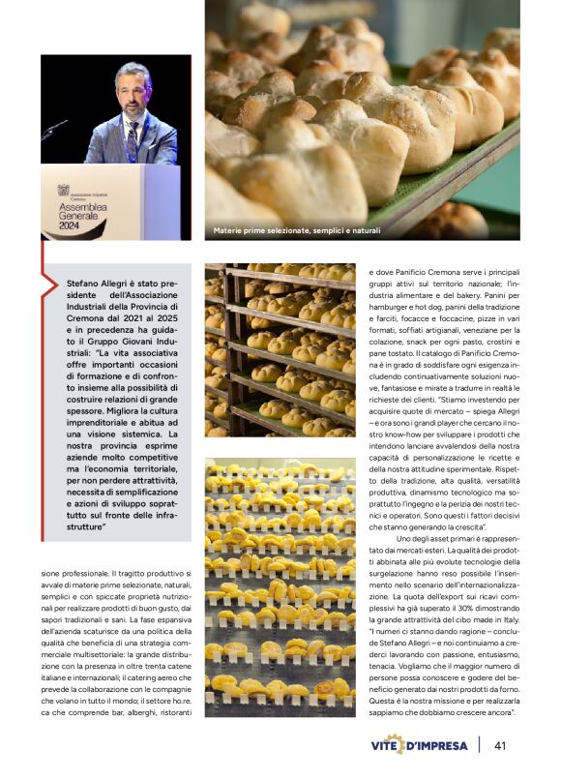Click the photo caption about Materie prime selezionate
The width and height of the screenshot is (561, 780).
click(297, 230)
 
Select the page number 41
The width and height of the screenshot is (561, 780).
click(500, 745)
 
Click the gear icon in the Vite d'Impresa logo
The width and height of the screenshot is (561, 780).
click(395, 745)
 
